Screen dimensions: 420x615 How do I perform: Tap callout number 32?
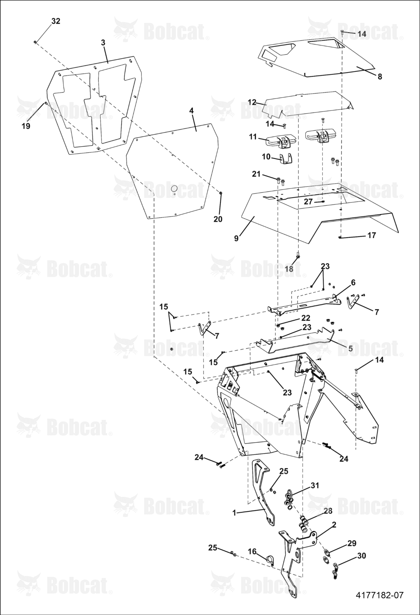(x=56, y=21)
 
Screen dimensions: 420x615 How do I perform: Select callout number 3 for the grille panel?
(x=103, y=43)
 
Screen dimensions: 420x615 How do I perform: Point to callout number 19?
(x=26, y=126)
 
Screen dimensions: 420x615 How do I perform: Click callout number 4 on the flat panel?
(x=191, y=111)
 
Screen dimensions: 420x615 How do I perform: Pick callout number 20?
(x=218, y=219)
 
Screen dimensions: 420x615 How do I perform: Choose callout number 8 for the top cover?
(x=380, y=77)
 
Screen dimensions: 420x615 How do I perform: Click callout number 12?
(x=252, y=102)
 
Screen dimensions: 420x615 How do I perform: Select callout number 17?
(x=371, y=235)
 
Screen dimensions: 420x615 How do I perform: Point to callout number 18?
(x=289, y=269)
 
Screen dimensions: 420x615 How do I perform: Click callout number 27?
(x=308, y=202)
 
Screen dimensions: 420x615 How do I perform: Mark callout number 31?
(x=315, y=485)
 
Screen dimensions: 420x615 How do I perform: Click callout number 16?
(x=252, y=551)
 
